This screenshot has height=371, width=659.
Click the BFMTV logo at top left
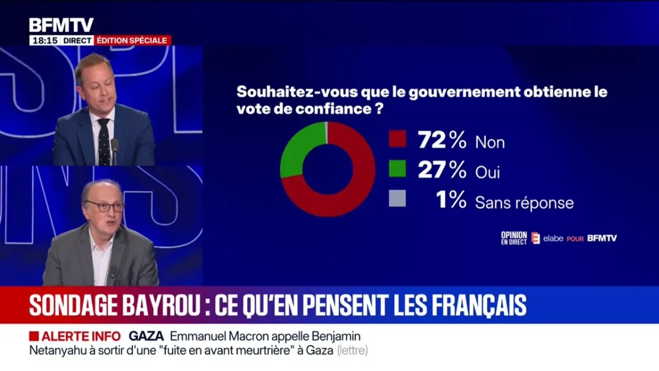pos(61,25)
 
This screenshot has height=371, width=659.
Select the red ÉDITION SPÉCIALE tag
pos(133,40)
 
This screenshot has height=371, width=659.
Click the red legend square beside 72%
pos(397,139)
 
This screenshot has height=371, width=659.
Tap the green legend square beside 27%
pos(397,169)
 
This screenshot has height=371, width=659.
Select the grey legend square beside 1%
pos(397,198)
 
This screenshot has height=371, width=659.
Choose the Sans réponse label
pos(524,203)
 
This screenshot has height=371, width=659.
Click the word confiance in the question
pos(333,109)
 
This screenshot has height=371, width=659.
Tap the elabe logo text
pos(553,238)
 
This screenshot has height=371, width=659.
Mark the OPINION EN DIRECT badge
pos(513,237)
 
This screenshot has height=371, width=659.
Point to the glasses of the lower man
pos(105,207)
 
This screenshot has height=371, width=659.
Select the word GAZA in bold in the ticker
pos(147,336)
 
